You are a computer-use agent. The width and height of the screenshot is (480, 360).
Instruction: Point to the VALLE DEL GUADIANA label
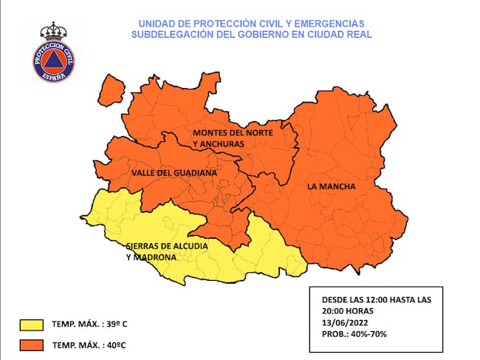coord(174,172)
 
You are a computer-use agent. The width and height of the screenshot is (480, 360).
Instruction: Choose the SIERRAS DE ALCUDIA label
coord(167,245)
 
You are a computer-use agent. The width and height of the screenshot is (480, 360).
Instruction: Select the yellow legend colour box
coord(31,325)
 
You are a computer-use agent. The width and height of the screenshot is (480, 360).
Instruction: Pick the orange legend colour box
coord(31,345)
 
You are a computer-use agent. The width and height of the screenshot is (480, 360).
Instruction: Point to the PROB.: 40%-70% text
coord(354,334)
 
